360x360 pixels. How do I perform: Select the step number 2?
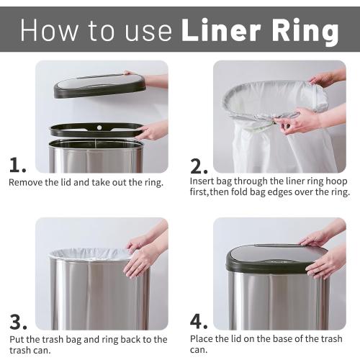(x=198, y=166)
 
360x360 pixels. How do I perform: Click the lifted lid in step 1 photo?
(x=99, y=85)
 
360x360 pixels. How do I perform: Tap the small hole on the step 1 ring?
(x=99, y=127)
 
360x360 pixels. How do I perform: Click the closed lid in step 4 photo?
(x=276, y=258)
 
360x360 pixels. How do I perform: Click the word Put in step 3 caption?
(x=17, y=339)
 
